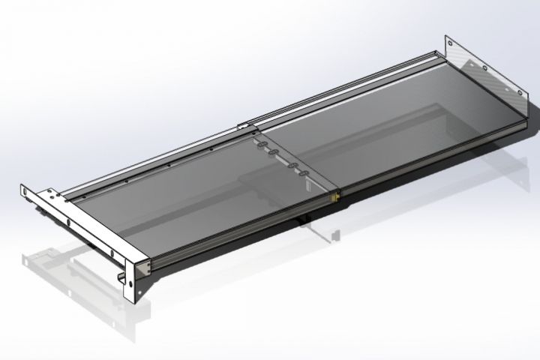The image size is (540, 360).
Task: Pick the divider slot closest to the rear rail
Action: [259, 143]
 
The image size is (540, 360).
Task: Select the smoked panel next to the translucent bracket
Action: [405, 135]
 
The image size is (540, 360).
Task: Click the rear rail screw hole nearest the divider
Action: [218, 136]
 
